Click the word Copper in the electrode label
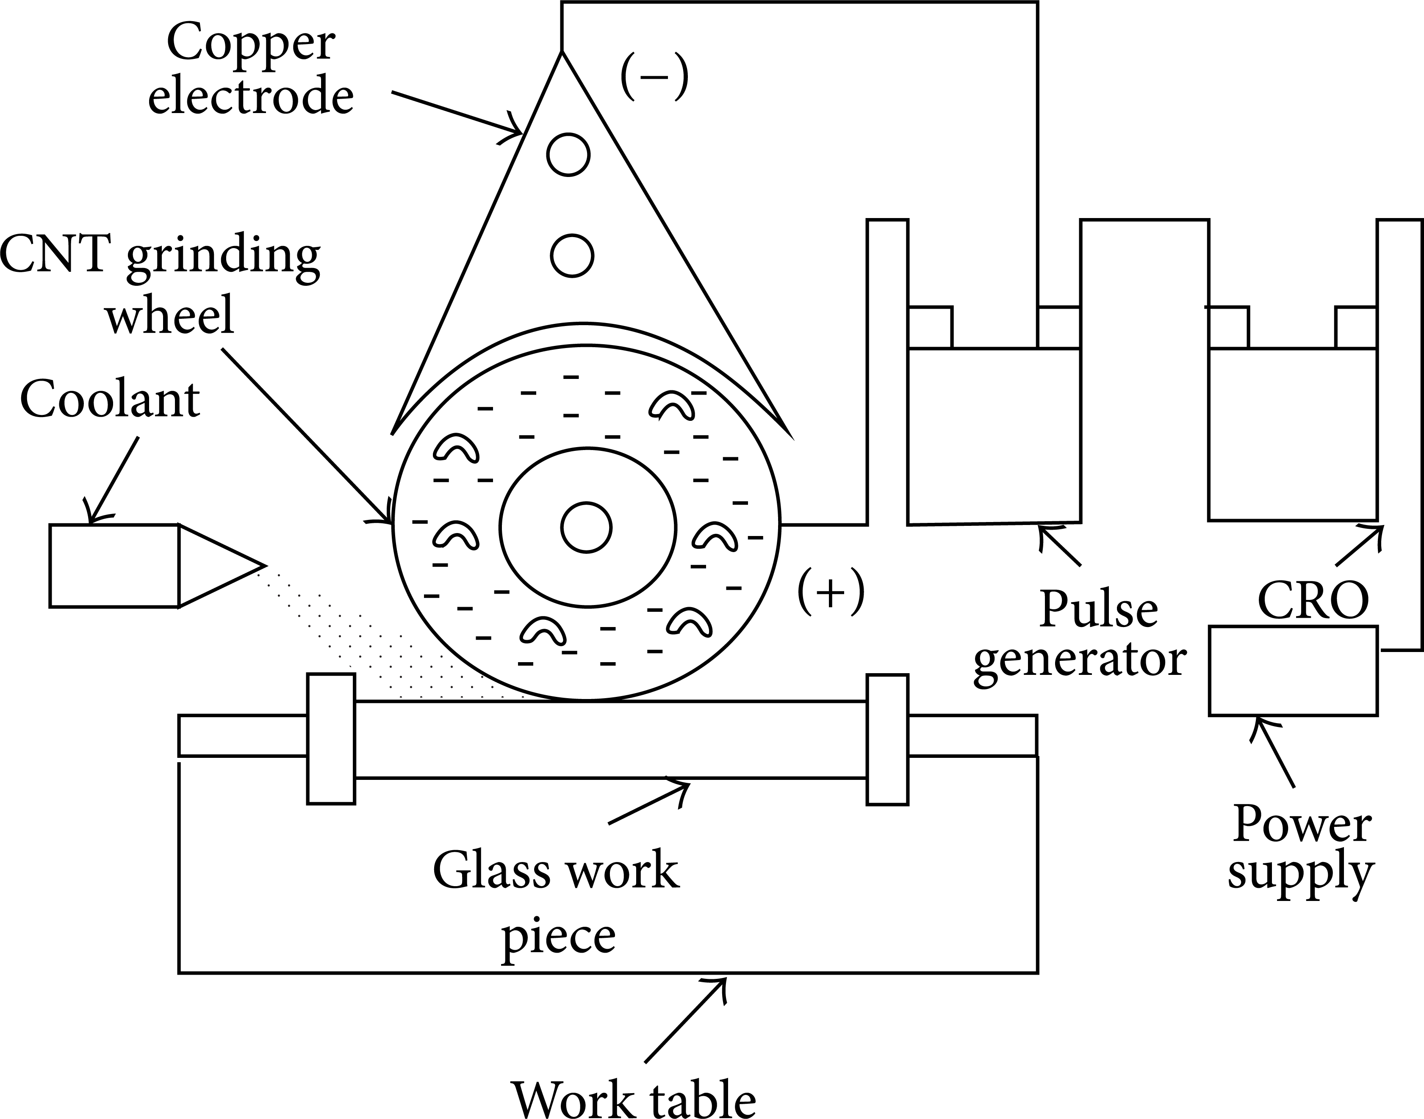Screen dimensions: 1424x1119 (251, 43)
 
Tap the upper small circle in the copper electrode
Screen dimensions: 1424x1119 (568, 155)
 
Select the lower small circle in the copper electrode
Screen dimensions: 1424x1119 (572, 255)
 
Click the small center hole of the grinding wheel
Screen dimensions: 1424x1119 (587, 528)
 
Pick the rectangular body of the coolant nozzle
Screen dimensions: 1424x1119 (114, 565)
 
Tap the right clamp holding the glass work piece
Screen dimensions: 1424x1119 (887, 738)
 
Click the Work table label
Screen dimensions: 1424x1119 (633, 1097)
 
